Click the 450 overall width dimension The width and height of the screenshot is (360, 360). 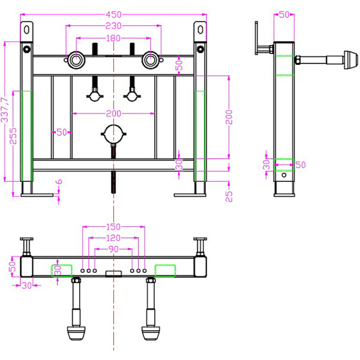coord(113,14)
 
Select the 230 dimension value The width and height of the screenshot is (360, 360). coord(113,26)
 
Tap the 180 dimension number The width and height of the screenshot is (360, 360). coord(113,38)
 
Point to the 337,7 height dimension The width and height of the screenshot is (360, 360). coord(5,110)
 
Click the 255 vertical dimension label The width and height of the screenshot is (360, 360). coord(13,136)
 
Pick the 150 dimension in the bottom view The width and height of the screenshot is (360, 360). coord(113,227)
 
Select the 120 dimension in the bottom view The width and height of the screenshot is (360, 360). coord(113,238)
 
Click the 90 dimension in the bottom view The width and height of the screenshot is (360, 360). coord(113,249)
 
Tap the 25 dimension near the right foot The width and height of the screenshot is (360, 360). coord(229,196)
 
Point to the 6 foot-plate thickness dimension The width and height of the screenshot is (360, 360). coord(59,182)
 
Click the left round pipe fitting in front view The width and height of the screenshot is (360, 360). coord(76,60)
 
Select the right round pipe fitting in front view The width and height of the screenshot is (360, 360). coord(151,60)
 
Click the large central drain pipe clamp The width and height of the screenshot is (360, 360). coord(113,134)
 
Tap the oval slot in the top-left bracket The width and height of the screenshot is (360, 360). coord(26,30)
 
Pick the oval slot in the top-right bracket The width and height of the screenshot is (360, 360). coord(200,30)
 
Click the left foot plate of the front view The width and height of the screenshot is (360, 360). coord(37,195)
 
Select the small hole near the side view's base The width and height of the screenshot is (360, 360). coord(284,175)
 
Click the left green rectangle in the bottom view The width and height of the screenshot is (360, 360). coord(62,271)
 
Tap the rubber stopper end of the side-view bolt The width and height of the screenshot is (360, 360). coord(351,60)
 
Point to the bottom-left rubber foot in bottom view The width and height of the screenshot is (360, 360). coord(76,333)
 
